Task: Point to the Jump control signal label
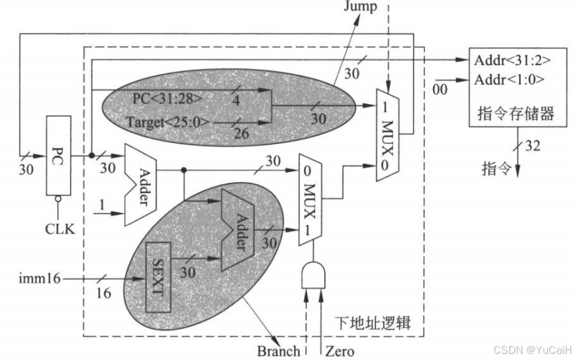click(361, 7)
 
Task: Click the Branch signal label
click(278, 351)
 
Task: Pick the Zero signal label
click(340, 351)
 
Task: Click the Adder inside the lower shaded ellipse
click(236, 228)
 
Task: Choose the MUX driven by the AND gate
click(311, 198)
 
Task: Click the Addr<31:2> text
click(512, 60)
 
